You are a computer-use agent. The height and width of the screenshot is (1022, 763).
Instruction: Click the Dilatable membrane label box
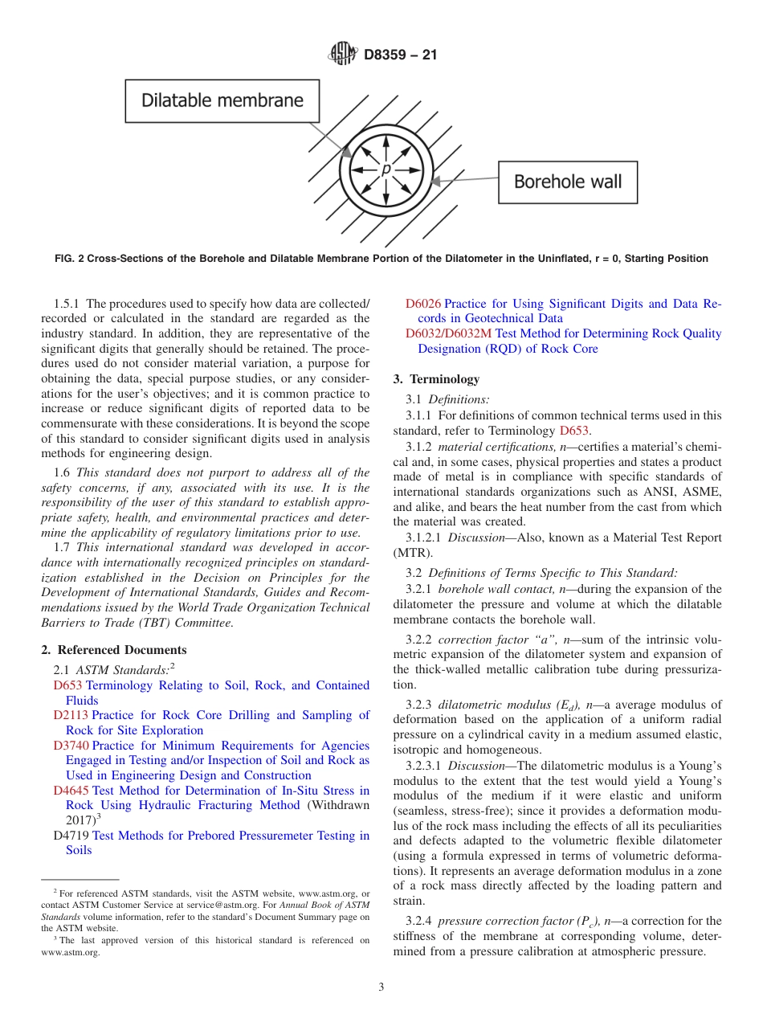[222, 100]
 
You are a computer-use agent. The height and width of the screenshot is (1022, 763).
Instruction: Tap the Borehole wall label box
[567, 182]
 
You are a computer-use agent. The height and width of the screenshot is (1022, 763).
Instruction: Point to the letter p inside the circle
[386, 170]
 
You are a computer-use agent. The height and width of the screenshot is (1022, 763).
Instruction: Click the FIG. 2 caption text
[381, 259]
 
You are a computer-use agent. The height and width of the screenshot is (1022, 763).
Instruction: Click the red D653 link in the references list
[67, 685]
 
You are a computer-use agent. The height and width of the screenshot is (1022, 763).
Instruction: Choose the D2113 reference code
[71, 715]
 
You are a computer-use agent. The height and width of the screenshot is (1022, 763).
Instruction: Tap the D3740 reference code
[71, 746]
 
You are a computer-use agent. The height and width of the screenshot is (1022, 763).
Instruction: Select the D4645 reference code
[71, 791]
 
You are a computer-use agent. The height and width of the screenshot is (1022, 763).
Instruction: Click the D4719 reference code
[71, 836]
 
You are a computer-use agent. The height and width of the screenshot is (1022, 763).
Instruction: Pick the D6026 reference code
[422, 304]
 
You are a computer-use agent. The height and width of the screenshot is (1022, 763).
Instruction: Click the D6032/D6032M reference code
[448, 333]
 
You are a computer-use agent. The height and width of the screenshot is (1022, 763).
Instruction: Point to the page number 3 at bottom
[381, 987]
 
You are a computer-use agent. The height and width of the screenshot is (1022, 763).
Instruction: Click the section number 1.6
[63, 472]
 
